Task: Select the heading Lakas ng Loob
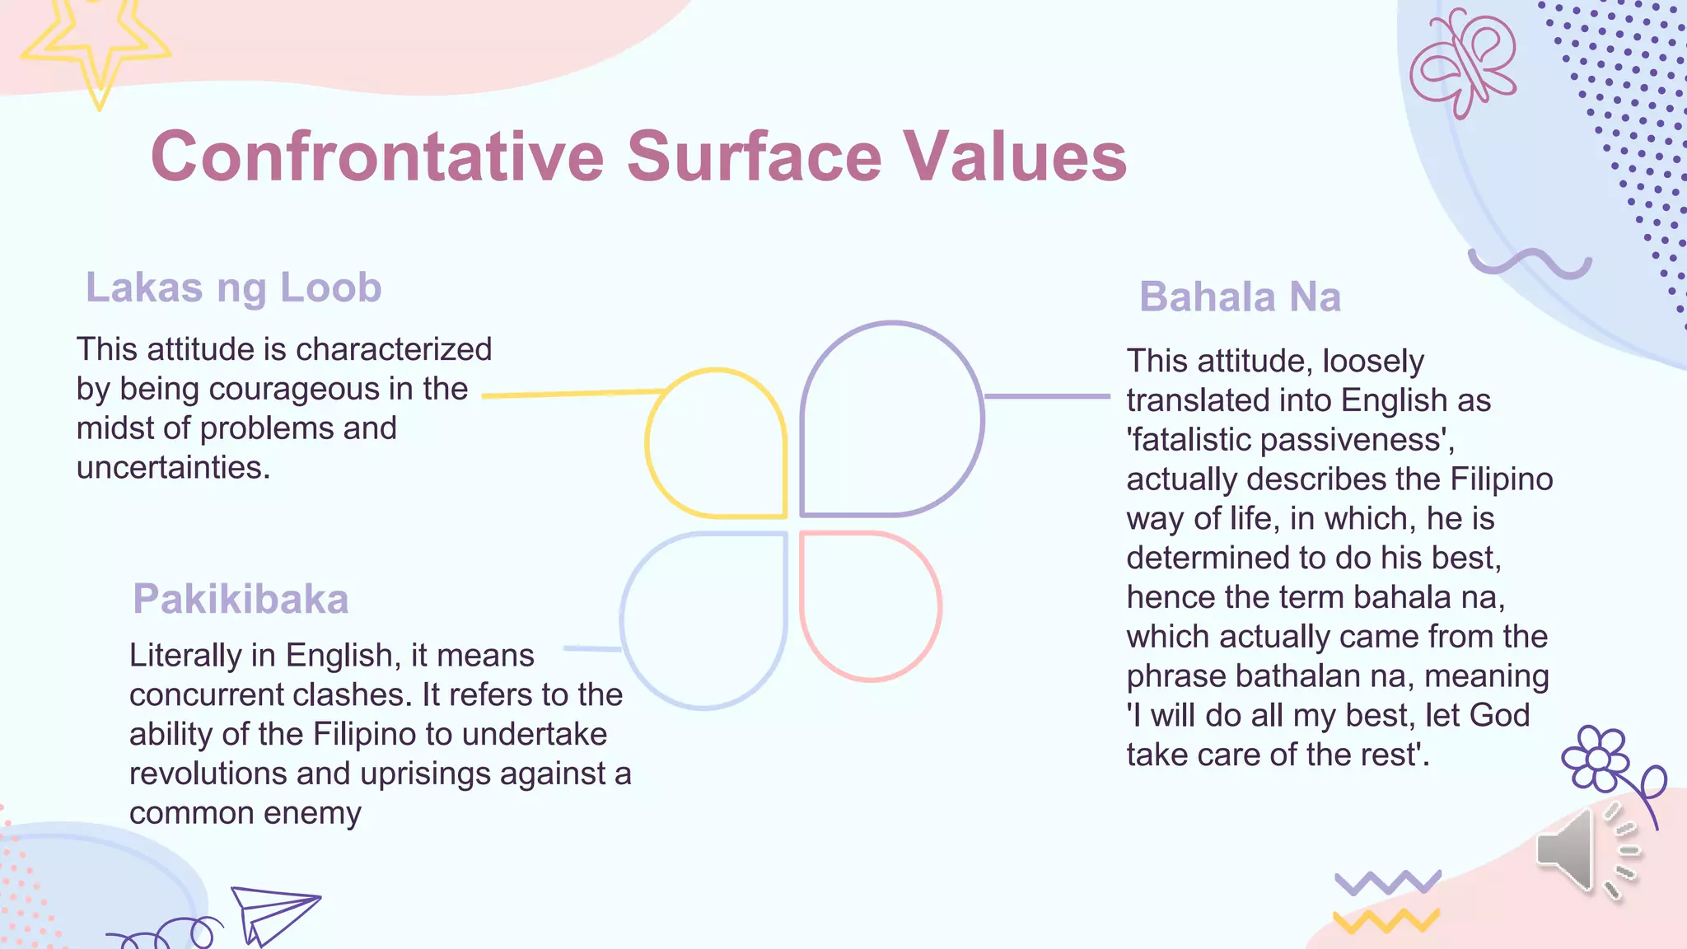point(234,288)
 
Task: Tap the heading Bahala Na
point(1240,297)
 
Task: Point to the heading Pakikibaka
point(241,599)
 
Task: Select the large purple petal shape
point(891,418)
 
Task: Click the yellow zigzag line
point(1386,920)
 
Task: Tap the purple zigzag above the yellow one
point(1387,882)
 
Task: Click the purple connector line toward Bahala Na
point(1046,396)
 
